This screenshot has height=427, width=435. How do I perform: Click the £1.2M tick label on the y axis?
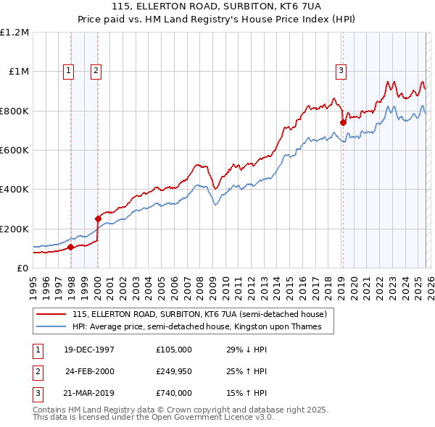point(14,33)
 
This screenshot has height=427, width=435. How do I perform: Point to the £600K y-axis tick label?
point(14,150)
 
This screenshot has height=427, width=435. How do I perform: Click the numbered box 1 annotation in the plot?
point(69,70)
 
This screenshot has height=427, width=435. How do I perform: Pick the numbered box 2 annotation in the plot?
point(96,70)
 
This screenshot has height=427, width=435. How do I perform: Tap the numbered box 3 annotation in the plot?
point(340,70)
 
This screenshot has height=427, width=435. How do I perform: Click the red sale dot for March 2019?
point(343,123)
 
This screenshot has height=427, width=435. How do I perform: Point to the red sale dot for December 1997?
point(71,247)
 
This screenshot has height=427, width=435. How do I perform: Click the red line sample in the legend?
point(51,314)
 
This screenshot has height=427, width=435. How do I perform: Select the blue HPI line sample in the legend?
point(51,326)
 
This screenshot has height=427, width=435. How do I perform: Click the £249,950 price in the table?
point(174,371)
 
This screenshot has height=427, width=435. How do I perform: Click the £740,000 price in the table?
point(174,393)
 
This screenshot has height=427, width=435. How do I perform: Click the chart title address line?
point(217,8)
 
